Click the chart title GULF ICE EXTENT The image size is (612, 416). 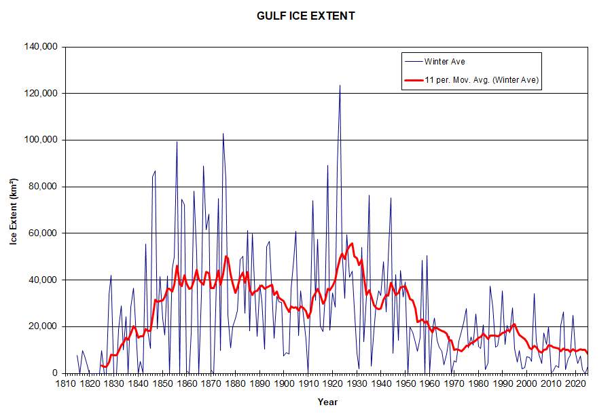[306, 16]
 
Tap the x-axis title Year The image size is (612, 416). [327, 402]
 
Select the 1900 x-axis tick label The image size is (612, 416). [283, 383]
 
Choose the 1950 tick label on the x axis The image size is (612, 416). [405, 383]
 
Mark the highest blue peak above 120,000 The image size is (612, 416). [340, 86]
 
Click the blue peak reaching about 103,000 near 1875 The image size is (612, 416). [223, 134]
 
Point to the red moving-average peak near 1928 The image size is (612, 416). [352, 243]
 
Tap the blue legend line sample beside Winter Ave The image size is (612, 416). [412, 61]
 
